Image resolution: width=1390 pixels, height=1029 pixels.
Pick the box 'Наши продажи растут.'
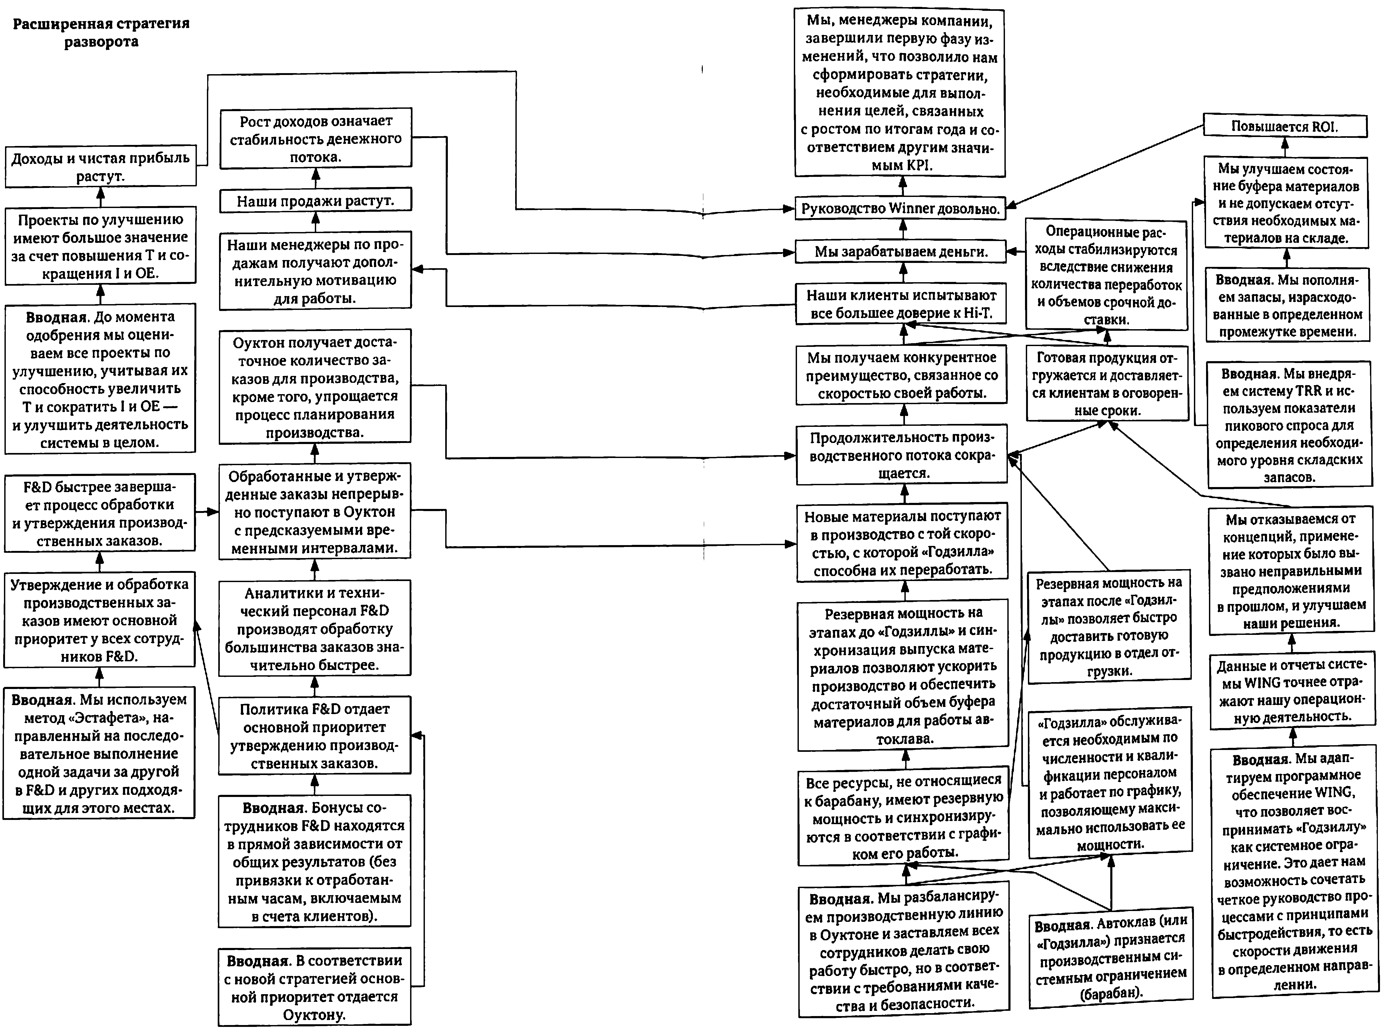pos(315,201)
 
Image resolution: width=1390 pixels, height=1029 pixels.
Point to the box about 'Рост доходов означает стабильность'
pos(315,138)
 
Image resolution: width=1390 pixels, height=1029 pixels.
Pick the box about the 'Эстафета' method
pos(99,752)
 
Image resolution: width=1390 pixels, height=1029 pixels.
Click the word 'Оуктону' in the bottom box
pos(315,1014)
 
